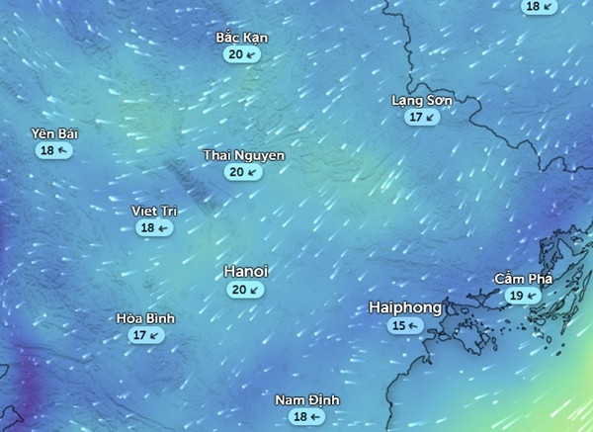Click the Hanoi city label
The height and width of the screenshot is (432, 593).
(247, 271)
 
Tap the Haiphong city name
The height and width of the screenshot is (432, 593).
(405, 307)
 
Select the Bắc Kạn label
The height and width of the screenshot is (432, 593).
(242, 39)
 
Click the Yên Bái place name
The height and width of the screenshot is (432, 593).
(54, 133)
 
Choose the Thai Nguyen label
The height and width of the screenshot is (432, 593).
(244, 156)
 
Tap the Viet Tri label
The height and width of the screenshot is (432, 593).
(154, 211)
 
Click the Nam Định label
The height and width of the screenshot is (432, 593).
(306, 399)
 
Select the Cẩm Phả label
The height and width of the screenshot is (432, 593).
(523, 279)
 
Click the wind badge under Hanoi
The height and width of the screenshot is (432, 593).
(245, 290)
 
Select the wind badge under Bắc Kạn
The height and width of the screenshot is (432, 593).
(242, 55)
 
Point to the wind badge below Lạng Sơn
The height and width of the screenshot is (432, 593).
(422, 117)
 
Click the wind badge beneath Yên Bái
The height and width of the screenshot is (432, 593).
(54, 150)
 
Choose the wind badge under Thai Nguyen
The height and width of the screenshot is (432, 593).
(243, 172)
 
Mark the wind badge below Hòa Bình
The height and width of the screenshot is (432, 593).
(145, 335)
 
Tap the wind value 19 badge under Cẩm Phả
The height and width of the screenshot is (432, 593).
(523, 296)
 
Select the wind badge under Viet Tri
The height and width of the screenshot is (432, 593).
(154, 227)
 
